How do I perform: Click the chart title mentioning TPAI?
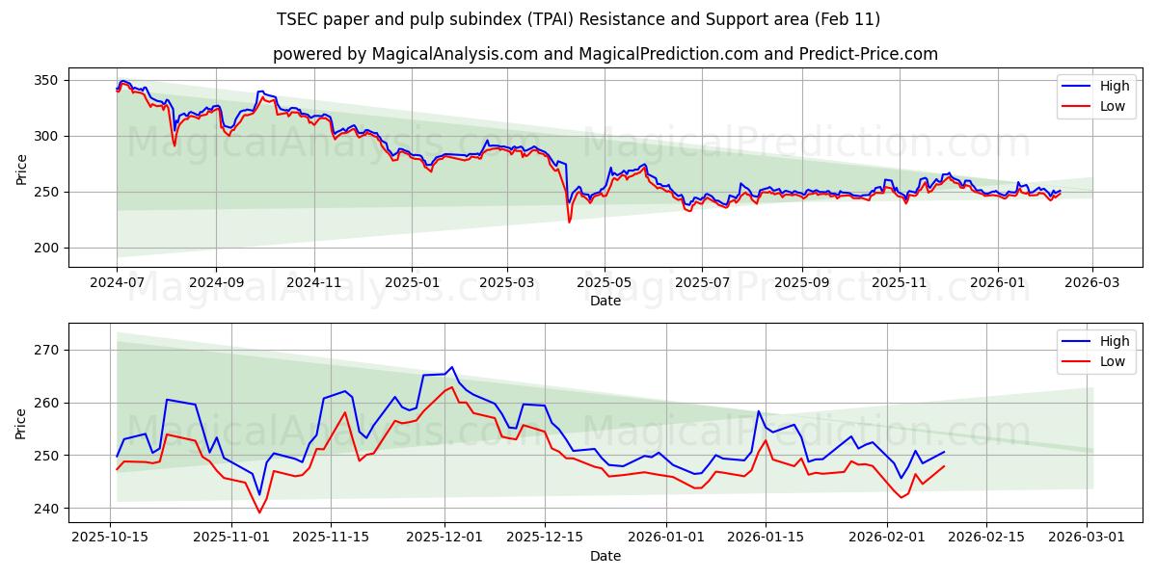coord(578,19)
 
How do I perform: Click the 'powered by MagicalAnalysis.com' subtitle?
coord(605,54)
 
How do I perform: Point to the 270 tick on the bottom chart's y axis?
coord(45,350)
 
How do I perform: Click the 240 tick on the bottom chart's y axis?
coord(45,508)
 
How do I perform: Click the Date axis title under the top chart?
coord(605,302)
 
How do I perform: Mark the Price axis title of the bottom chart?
coord(21,424)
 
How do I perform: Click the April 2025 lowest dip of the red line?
coord(569,223)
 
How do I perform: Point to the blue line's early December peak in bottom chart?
coord(452,367)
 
